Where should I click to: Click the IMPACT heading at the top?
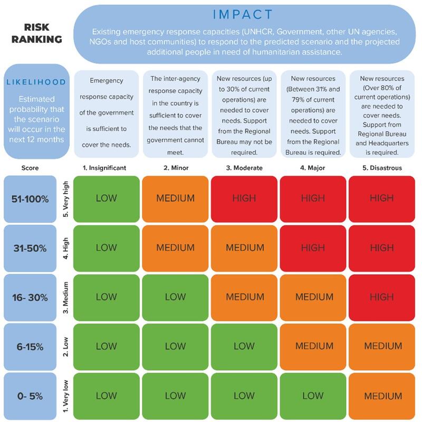(244, 14)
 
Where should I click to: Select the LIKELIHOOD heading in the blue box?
(36, 82)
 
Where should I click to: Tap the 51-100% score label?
(31, 199)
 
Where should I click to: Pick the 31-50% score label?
(31, 247)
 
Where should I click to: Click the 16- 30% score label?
(31, 297)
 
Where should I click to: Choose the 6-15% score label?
(31, 347)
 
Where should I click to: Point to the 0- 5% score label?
(31, 396)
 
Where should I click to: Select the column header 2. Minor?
(175, 168)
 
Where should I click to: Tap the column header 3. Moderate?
(244, 168)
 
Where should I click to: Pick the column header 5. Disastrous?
(382, 168)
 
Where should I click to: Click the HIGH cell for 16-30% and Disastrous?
(382, 297)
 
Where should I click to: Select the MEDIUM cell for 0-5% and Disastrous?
(382, 396)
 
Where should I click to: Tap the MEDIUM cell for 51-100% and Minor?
(175, 198)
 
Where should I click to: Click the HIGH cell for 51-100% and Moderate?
(244, 198)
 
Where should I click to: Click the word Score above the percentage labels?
(30, 168)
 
